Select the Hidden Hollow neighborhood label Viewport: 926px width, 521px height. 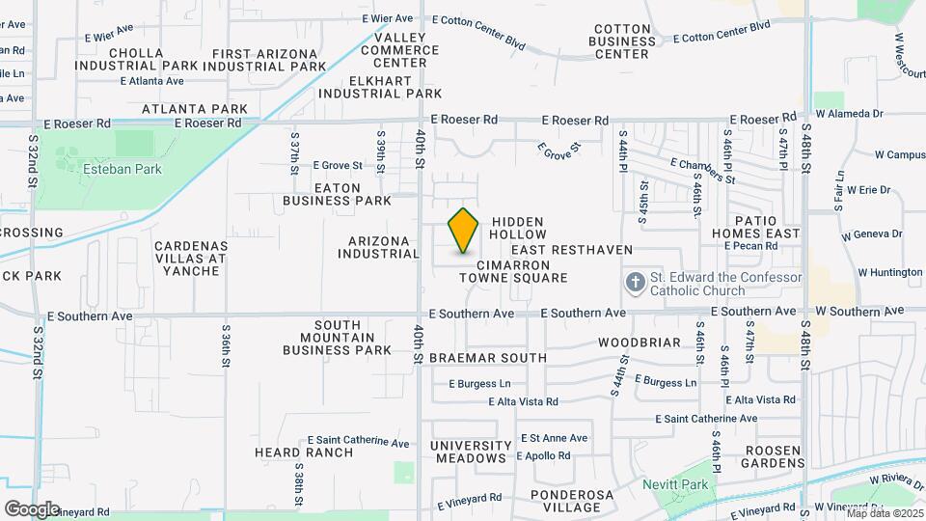(x=518, y=228)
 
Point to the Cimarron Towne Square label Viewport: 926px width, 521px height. (x=512, y=271)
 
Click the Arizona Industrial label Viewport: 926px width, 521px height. (x=379, y=247)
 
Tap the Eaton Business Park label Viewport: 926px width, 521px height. (x=337, y=193)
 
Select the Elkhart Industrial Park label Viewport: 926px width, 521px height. (x=380, y=87)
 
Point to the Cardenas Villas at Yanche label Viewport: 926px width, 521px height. (x=190, y=259)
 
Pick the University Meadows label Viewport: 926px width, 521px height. (x=470, y=452)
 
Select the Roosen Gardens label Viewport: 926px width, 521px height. (x=767, y=455)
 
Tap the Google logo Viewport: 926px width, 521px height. (x=31, y=508)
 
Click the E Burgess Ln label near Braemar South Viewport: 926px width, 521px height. (x=478, y=383)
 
